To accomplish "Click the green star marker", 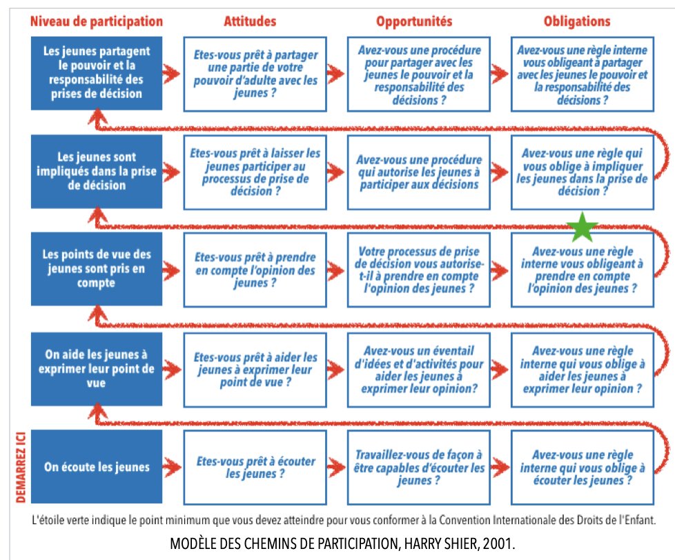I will tap(583, 226).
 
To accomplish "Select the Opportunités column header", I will tap(414, 21).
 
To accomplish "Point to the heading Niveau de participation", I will tap(97, 21).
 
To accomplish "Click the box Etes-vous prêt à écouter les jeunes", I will tap(251, 467).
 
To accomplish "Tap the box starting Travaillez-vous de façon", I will tap(415, 467).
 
